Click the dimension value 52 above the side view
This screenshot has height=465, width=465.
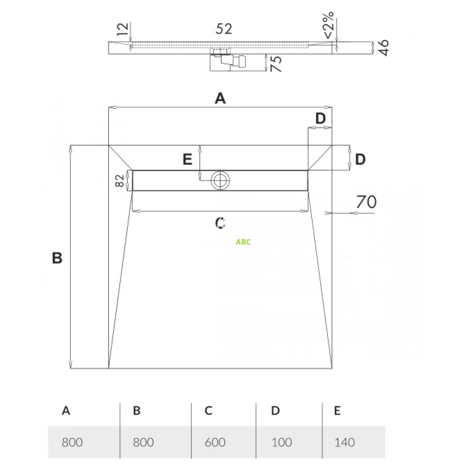coord(224,29)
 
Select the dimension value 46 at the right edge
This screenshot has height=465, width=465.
coord(382,48)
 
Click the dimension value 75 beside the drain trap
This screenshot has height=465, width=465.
coord(276,64)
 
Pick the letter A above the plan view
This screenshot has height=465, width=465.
coord(220,99)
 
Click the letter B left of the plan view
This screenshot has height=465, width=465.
coord(57,258)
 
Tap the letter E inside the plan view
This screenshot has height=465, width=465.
coord(188,159)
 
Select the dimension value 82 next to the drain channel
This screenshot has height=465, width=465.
coord(120,180)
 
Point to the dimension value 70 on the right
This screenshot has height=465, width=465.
coord(366,202)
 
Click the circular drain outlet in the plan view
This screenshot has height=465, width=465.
coord(220,180)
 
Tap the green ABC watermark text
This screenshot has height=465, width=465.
coord(243,242)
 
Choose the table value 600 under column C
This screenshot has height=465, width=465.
coord(215,442)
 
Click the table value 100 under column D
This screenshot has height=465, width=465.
coord(281,442)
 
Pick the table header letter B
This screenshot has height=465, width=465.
coord(136,411)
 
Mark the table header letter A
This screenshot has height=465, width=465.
coord(66,411)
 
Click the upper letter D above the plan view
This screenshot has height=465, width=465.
coord(320,119)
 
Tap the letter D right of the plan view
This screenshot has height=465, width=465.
coord(360,159)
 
